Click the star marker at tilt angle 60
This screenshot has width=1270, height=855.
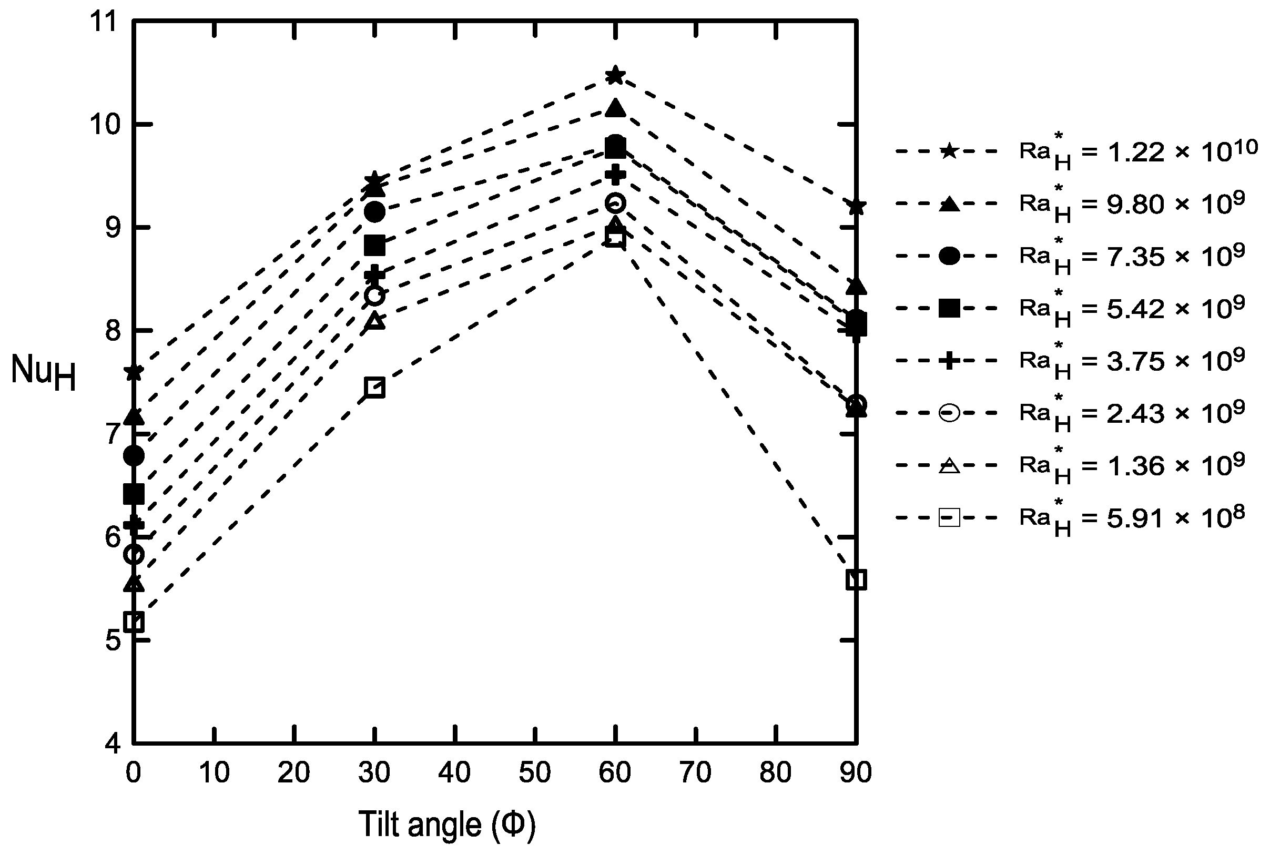tap(615, 75)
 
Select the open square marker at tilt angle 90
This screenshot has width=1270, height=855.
tap(856, 580)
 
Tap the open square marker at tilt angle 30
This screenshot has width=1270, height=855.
tap(375, 388)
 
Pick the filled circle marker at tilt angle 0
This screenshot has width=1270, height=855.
tap(134, 455)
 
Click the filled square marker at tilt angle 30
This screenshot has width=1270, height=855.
tap(375, 246)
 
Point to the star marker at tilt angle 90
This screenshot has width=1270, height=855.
tap(856, 207)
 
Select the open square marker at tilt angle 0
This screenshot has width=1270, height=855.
tap(134, 622)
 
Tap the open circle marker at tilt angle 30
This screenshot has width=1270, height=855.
tap(375, 296)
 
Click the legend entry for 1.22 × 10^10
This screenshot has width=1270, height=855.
tap(1137, 152)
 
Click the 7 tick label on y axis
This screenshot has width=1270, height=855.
tap(112, 434)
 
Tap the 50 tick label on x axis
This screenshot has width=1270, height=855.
tap(535, 772)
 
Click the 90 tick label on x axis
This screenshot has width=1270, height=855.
tap(856, 772)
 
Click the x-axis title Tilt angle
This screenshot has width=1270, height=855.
tap(446, 825)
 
